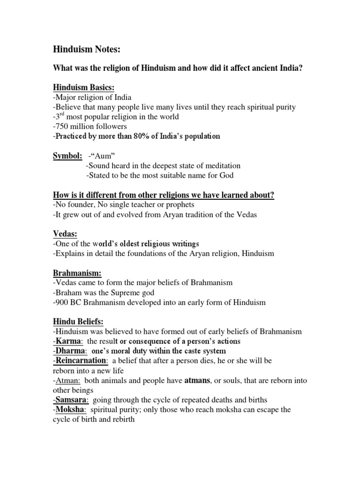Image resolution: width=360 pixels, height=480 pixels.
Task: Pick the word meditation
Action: coord(220,165)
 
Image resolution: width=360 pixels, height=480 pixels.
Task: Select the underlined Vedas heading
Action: coord(64,234)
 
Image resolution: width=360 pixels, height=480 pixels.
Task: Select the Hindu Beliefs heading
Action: coord(78,322)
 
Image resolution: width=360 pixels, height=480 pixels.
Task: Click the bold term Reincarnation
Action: coord(81,361)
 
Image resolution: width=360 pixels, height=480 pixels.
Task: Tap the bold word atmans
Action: coord(198,381)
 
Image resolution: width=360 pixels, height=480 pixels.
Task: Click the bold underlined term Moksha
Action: coord(70,410)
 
